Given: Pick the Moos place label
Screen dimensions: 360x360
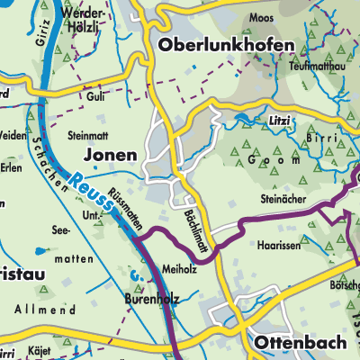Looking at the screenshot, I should click(261, 18).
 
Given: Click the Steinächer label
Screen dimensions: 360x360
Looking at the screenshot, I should click(283, 200).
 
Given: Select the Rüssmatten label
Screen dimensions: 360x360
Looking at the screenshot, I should click(124, 215).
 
